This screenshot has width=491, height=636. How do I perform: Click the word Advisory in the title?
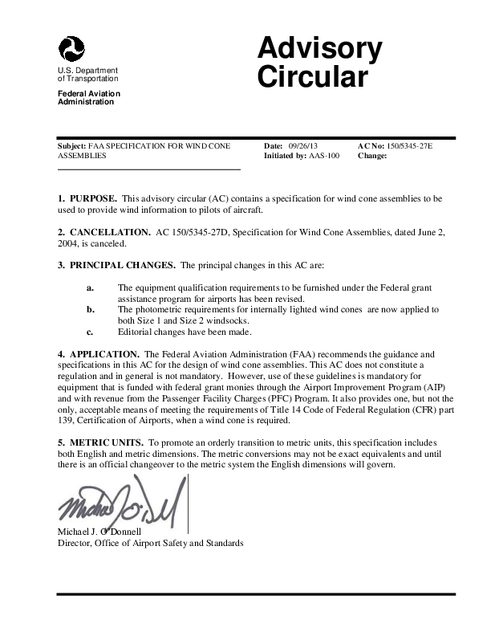[319, 49]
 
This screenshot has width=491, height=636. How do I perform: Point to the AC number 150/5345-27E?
[409, 146]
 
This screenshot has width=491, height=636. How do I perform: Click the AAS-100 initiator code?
[325, 156]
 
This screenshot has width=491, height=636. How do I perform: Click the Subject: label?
[72, 146]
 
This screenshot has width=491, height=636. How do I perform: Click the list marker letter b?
[90, 309]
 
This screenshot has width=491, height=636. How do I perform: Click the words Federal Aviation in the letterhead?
[88, 94]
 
